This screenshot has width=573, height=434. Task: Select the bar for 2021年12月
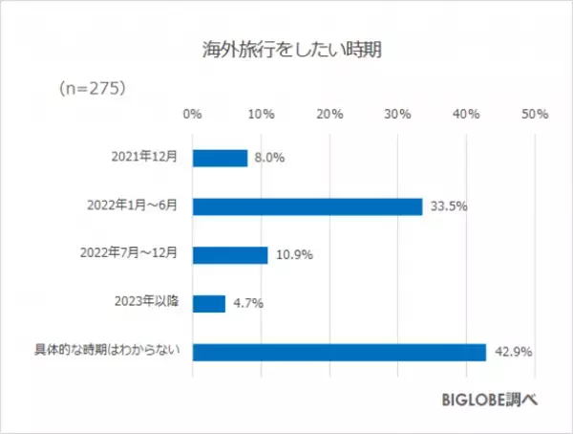[x=220, y=158]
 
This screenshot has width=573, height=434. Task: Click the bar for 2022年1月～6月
[x=308, y=206]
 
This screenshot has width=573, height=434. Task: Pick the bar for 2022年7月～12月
[x=230, y=255]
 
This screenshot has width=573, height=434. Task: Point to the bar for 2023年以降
[x=209, y=304]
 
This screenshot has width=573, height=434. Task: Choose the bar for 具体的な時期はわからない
[x=339, y=352]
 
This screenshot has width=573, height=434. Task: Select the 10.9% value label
[x=293, y=256]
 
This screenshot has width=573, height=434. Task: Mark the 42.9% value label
[x=511, y=353]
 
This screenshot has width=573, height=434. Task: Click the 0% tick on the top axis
[x=192, y=115]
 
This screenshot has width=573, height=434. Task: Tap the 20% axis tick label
[x=329, y=115]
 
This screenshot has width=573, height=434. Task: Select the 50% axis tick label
[x=535, y=115]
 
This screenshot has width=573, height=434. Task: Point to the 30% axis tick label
[x=398, y=115]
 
